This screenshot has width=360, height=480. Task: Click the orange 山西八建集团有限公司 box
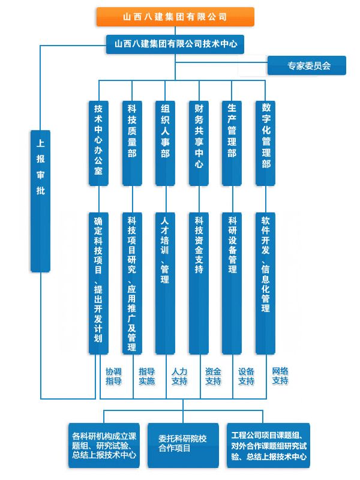175,17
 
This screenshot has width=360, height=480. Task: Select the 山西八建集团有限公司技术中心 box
175,44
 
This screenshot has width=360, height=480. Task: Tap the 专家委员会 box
307,65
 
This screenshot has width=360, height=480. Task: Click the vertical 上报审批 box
40,201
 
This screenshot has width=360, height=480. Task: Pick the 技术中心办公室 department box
98,143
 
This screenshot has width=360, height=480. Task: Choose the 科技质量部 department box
132,143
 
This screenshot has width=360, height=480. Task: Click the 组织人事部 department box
166,143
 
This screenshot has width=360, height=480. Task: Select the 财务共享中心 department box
199,143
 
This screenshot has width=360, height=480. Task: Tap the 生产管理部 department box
232,143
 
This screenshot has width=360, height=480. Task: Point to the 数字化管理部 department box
265,143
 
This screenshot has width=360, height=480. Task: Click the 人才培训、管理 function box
166,283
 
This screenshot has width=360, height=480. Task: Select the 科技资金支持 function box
199,283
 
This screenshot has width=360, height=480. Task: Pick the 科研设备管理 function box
232,283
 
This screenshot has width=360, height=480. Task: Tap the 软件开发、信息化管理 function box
265,283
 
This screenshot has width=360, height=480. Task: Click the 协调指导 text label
113,376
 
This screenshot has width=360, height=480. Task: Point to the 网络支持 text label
280,376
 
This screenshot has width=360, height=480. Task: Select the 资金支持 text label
213,376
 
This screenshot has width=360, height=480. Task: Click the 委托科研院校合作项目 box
183,445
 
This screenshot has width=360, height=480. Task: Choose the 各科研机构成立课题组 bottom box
104,445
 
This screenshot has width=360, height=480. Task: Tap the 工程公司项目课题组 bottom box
268,445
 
